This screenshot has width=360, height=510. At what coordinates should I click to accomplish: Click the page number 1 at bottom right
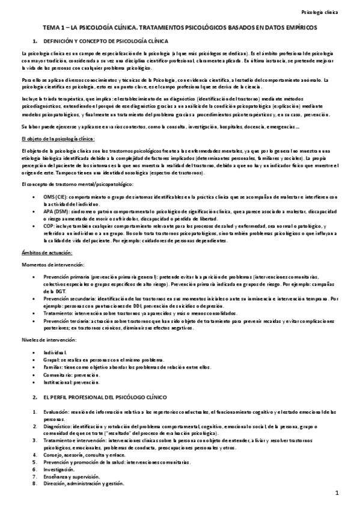pyautogui.click(x=338, y=494)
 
